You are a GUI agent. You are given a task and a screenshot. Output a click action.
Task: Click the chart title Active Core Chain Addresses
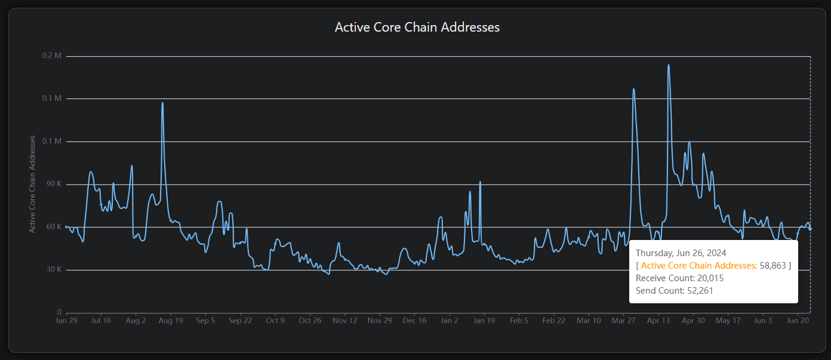click(x=417, y=27)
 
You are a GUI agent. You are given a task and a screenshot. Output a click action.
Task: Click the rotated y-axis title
click(x=33, y=184)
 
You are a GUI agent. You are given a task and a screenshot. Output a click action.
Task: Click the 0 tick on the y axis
click(x=59, y=312)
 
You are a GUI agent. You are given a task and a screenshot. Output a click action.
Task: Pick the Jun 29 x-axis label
click(x=66, y=321)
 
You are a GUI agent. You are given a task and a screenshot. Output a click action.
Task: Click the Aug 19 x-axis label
click(x=171, y=321)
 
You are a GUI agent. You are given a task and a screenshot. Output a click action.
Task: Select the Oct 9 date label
click(x=275, y=321)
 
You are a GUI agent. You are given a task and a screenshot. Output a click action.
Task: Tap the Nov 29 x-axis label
click(x=380, y=321)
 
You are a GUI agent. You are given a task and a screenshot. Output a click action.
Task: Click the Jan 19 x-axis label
click(x=484, y=321)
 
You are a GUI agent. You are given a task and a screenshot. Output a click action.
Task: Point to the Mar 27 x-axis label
click(x=623, y=321)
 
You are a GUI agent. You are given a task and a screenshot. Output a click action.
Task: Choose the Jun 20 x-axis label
click(x=798, y=321)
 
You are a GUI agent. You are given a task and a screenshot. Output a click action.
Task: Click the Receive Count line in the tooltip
click(x=679, y=278)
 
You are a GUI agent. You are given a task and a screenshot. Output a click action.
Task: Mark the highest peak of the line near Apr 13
click(x=668, y=64)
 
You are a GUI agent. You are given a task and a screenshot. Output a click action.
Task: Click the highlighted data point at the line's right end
click(x=810, y=229)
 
